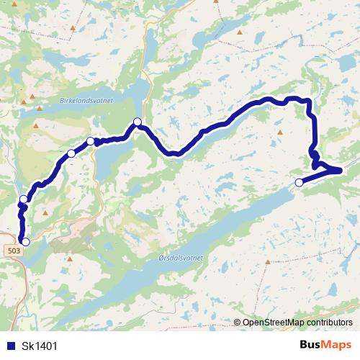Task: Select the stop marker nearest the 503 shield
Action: [26, 242]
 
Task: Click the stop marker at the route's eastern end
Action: [300, 182]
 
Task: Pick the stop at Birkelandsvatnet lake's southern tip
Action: [137, 122]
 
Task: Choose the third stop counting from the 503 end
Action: [71, 153]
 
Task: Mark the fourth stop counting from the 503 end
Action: [90, 141]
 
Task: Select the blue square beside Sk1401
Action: [12, 346]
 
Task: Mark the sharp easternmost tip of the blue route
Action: [339, 170]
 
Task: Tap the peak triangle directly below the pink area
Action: [70, 257]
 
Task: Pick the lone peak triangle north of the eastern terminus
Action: [279, 133]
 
